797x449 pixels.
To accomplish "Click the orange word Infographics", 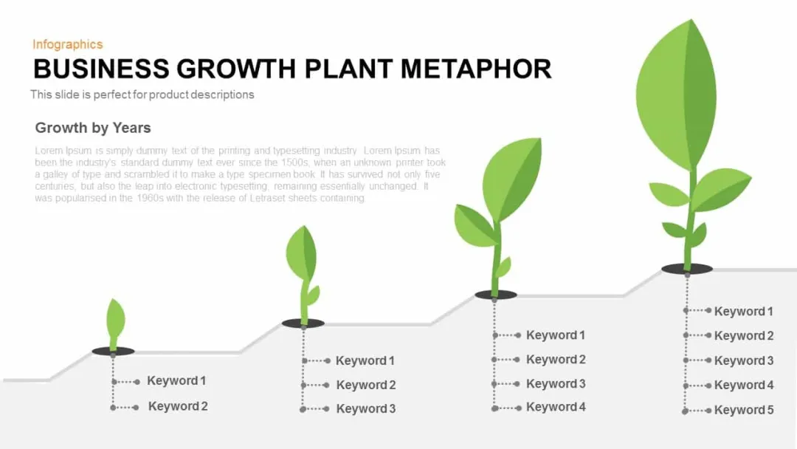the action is (x=68, y=45).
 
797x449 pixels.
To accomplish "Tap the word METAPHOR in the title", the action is (x=476, y=69).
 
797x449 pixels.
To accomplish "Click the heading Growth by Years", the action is (x=93, y=128).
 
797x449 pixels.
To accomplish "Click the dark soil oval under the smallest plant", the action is (x=114, y=351).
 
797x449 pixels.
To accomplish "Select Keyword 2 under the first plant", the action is (x=178, y=406).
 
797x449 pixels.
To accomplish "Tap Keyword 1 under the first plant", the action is (x=176, y=381).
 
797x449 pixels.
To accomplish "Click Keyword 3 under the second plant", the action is (x=366, y=409).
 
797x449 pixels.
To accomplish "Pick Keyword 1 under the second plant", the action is (x=365, y=361).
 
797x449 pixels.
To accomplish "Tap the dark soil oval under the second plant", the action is (x=303, y=323).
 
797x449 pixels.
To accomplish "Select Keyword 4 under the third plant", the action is (x=556, y=408).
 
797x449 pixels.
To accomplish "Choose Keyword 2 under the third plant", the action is (x=556, y=360).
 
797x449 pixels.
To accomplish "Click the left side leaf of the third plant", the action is (x=475, y=224).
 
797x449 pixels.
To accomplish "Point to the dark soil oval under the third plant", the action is (x=496, y=295).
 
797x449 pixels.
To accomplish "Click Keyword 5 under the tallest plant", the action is (x=744, y=410).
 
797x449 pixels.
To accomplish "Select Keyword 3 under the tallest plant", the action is (x=744, y=360).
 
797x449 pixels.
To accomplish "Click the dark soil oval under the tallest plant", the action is (x=687, y=269).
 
